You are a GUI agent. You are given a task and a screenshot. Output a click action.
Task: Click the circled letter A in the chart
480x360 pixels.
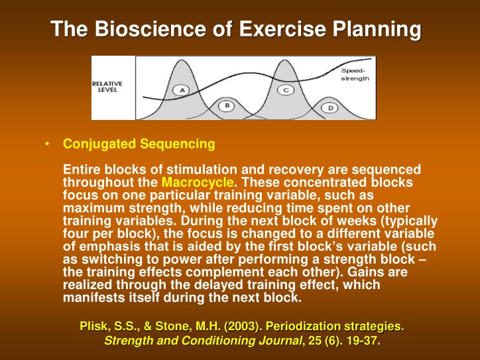tap(181, 90)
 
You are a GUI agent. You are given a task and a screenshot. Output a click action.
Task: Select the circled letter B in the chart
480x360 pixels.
tap(227, 105)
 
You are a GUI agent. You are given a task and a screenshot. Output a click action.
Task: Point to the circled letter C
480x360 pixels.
tap(286, 90)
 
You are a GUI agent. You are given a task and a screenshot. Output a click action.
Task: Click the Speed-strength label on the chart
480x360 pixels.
tap(355, 74)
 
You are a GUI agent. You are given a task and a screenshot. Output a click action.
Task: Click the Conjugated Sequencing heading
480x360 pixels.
tap(139, 144)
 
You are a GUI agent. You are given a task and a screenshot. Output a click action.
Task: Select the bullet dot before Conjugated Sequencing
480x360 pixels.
tap(48, 144)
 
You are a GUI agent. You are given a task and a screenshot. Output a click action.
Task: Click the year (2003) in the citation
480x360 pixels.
tap(223, 326)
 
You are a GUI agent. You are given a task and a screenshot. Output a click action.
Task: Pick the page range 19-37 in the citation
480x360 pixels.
tap(359, 341)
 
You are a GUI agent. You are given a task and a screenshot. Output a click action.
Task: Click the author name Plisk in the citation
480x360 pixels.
tap(93, 326)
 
